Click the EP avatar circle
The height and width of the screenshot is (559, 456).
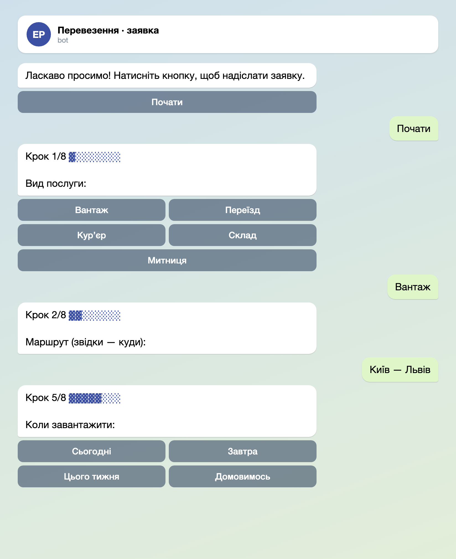tap(39, 34)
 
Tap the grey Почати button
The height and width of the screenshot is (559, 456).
tap(167, 102)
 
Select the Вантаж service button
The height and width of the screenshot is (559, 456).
tap(92, 210)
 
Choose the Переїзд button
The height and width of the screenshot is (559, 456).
tap(243, 210)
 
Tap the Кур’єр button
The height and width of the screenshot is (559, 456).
tap(92, 235)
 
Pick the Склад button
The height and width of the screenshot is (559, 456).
tap(243, 235)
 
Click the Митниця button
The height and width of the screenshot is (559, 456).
tap(167, 260)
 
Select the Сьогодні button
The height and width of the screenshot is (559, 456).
tap(92, 451)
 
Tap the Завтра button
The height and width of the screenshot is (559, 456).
tap(243, 451)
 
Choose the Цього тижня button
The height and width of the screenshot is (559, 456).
tap(92, 477)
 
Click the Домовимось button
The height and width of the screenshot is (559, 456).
tap(243, 477)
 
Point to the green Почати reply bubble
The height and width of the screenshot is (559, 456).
tap(414, 129)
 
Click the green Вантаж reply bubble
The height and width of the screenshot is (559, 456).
tap(413, 287)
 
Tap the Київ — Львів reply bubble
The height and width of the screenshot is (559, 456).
tap(400, 370)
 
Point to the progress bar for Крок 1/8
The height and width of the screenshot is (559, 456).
tap(95, 157)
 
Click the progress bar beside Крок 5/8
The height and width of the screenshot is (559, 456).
tap(95, 398)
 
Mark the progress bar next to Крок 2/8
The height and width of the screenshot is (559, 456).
tap(95, 315)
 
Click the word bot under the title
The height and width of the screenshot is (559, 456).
tap(63, 40)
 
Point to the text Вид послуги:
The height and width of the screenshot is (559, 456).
tap(56, 183)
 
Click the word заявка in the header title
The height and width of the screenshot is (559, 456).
tap(143, 30)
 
